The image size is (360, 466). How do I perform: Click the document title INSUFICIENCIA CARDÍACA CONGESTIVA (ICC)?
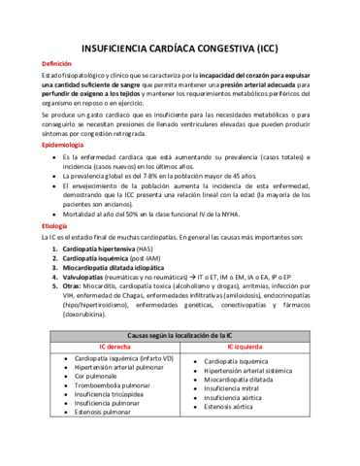180,47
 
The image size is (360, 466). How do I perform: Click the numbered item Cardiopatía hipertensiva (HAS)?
108,250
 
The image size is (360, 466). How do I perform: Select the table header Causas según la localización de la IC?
180,335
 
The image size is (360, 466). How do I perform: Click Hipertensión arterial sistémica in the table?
255,370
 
